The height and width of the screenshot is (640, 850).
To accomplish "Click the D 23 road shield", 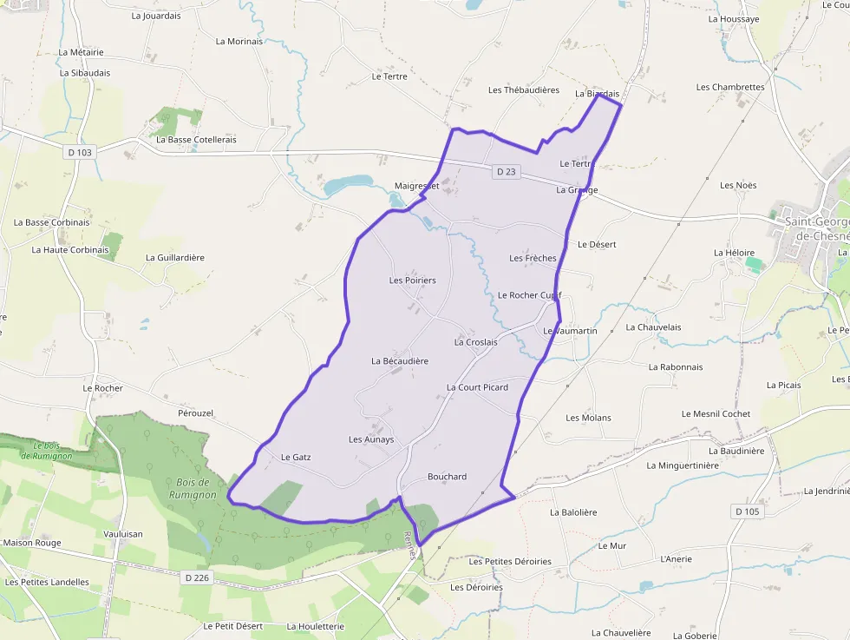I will pos(506,172).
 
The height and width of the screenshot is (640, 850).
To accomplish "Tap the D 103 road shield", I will pos(79,152).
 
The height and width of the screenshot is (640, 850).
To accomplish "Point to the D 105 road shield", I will pos(747,511).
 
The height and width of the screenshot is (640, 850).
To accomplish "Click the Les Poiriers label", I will pos(413,280).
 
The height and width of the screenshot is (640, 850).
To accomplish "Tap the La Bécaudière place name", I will pos(400,361).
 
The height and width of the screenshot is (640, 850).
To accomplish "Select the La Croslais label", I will pos(476,342).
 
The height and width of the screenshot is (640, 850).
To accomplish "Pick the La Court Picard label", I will pos(477,387).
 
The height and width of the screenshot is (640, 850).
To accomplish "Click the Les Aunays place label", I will pos(371,439).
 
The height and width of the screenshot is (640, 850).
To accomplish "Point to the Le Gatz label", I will pos(296,457).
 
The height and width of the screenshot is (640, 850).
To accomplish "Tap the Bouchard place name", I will pos(447,477).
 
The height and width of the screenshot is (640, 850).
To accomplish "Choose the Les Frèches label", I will pos(533,258).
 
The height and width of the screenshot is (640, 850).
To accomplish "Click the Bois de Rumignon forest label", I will pos(193,488).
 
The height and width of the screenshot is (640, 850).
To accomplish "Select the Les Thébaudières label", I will pos(524,90).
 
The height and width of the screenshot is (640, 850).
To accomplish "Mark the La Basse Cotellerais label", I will pos(195,140).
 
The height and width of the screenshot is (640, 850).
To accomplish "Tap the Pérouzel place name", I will pos(195,413).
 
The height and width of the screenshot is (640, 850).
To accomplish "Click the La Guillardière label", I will pos(175,258).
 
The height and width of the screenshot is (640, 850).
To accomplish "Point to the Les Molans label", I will pos(588,418).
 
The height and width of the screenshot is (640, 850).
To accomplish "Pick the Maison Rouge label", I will pos(32,543).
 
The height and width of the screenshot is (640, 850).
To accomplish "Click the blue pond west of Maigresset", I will pos(347,184).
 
